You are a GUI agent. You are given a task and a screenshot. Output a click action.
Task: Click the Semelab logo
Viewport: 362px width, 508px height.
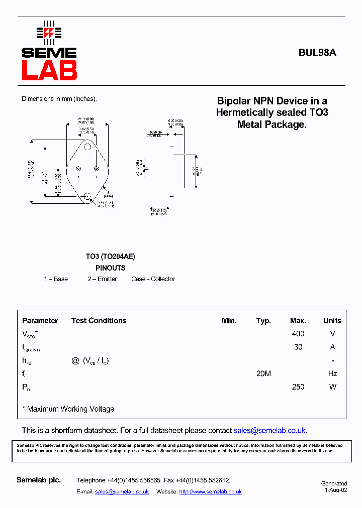(49, 51)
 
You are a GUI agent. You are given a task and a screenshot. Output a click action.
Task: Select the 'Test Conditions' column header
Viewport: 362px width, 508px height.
(99, 321)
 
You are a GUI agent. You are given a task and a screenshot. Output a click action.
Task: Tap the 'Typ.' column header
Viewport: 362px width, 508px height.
(263, 321)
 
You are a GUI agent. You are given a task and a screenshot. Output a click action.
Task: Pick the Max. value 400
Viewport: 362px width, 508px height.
(298, 334)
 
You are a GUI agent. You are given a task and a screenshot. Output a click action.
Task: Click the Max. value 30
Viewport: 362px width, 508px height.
(298, 347)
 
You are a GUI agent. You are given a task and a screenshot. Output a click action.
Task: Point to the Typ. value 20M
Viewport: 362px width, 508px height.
(263, 373)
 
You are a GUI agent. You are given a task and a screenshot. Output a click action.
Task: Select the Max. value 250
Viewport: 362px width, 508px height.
(298, 387)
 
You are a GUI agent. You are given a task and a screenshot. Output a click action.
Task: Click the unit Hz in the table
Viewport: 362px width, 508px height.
(332, 373)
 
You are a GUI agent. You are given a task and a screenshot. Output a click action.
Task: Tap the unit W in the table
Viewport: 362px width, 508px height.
(332, 387)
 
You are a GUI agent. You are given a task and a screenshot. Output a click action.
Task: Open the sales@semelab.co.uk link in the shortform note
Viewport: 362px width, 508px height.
(269, 431)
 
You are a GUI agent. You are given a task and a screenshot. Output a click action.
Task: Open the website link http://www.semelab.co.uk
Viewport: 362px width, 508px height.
(210, 492)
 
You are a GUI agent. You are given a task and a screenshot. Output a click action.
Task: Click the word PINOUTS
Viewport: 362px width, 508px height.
(111, 268)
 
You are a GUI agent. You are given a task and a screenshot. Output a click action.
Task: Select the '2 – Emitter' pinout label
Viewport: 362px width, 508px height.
(102, 279)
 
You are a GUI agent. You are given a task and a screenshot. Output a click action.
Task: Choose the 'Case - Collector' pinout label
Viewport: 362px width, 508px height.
(153, 279)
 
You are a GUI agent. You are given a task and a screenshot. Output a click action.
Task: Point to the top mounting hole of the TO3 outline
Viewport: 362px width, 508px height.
(87, 147)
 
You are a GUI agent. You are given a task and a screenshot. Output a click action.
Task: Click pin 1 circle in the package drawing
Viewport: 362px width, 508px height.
(78, 169)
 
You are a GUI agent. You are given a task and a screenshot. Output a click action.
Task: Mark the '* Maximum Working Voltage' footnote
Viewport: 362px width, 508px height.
(68, 409)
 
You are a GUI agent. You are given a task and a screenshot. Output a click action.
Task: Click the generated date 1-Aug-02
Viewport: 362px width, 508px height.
(336, 490)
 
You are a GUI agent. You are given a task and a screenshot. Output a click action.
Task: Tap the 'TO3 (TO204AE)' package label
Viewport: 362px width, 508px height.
(110, 257)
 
